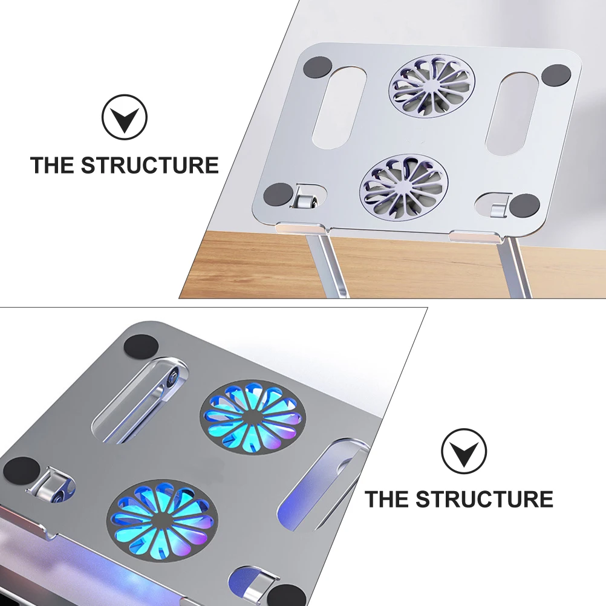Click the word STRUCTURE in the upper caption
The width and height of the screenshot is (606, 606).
(150, 165)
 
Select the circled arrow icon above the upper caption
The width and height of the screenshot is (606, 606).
(125, 118)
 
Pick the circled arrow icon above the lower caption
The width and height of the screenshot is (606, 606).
(464, 451)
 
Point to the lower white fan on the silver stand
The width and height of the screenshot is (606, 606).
(404, 186)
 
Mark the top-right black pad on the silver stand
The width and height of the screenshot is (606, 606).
(556, 76)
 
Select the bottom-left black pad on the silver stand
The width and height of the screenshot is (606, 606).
(279, 194)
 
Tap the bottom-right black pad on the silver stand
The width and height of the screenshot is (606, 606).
(524, 206)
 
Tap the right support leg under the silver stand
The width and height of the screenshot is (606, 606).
(519, 266)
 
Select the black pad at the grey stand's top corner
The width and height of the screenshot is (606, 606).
(142, 347)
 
